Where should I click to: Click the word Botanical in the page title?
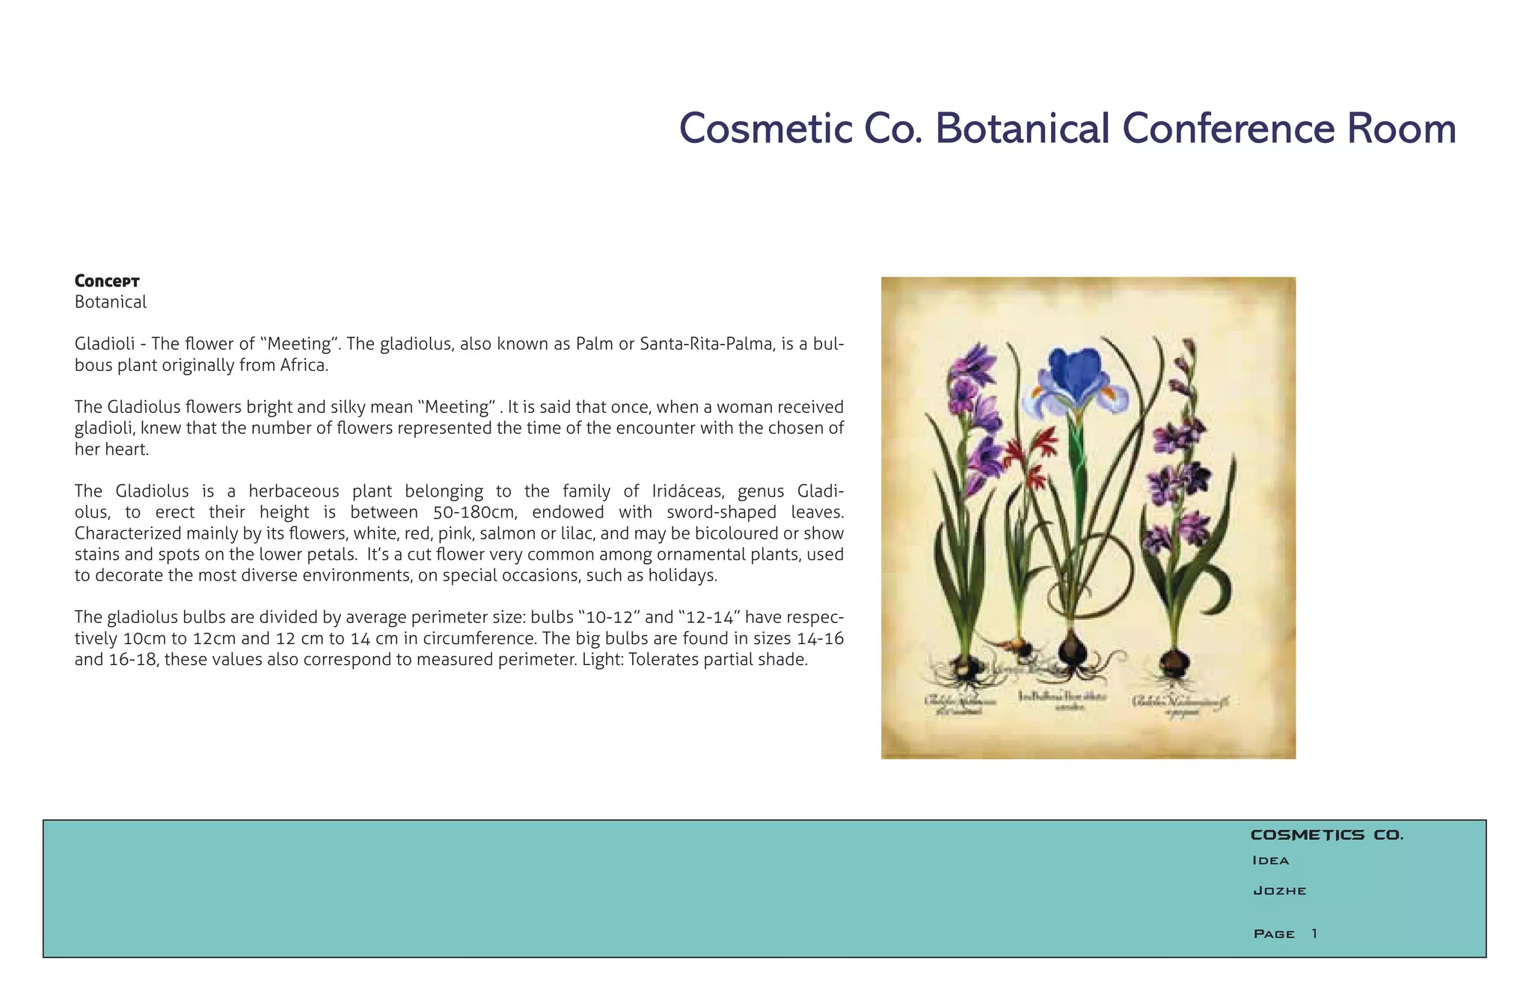1022,129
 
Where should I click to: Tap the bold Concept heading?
107,281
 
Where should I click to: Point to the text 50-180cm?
475,512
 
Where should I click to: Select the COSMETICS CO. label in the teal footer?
1326,835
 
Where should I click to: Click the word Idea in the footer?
1270,861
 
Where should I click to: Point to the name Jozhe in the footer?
1279,891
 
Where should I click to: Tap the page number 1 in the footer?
1314,933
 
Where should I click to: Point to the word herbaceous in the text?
294,491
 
